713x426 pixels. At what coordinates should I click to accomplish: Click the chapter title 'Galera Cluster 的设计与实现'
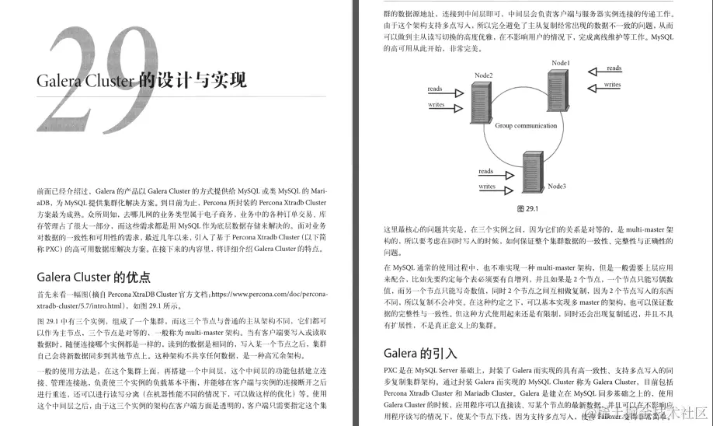(x=142, y=80)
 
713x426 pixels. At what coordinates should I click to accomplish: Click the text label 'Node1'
(x=561, y=62)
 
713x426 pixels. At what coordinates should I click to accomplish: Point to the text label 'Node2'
(x=485, y=74)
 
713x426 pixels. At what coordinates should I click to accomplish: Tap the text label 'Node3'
(x=557, y=187)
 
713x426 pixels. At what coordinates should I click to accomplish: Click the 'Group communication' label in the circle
(x=526, y=125)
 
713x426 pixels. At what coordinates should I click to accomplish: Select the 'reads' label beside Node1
(x=614, y=68)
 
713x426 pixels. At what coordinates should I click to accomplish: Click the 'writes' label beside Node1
(x=613, y=84)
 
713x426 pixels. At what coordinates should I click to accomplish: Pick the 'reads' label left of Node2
(x=435, y=89)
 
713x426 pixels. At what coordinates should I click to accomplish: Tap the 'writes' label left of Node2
(x=436, y=104)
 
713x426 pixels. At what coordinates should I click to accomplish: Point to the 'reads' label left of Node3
(x=486, y=171)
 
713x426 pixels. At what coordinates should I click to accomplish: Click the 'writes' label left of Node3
(x=487, y=187)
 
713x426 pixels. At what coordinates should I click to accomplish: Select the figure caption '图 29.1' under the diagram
(x=527, y=209)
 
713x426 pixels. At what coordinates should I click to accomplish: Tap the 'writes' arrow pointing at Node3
(x=497, y=192)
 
